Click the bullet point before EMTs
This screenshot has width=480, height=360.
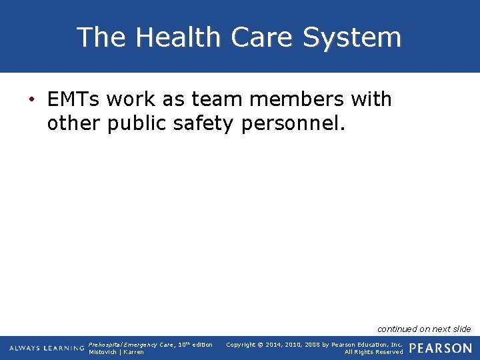pos(31,100)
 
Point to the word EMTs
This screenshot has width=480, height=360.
pos(74,100)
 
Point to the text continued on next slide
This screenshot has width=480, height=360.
pos(424,329)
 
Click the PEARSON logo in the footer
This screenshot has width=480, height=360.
pos(440,348)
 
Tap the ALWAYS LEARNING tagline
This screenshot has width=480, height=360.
pos(47,348)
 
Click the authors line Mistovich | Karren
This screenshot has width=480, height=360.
pos(116,352)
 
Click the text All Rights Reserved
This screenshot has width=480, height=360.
pos(373,352)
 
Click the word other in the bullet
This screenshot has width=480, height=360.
pos(74,123)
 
